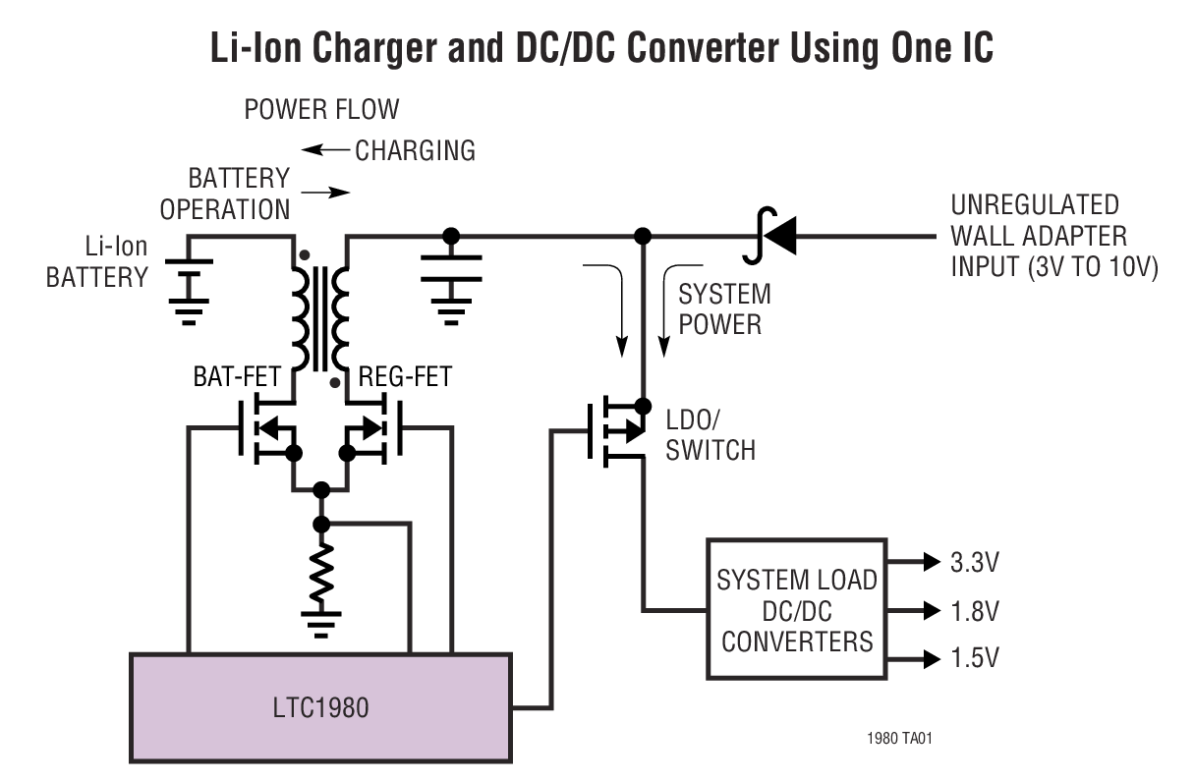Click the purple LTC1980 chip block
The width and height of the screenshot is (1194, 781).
pos(321,706)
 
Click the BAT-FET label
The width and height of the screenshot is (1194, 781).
pos(236,377)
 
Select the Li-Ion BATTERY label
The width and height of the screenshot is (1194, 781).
pos(96,262)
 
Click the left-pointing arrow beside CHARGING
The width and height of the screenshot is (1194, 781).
pos(325,150)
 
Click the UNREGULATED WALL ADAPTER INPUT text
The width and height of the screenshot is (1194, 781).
pos(1052,236)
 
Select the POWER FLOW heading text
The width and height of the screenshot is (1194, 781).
pos(321,108)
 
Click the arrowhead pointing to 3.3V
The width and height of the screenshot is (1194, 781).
pos(930,564)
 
